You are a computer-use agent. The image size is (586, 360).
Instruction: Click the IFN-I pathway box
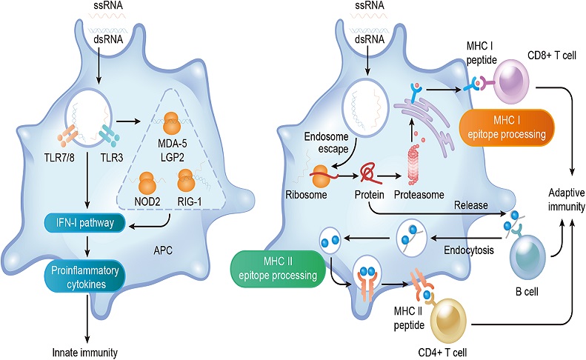(85, 223)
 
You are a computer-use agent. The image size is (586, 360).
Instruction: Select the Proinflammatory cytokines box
(85, 277)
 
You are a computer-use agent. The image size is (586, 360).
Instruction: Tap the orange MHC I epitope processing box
(507, 127)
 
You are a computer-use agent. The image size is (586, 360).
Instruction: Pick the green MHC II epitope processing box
(278, 269)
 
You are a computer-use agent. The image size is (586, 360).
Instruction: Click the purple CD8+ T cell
(512, 81)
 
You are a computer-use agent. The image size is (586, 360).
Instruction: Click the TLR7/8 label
(59, 158)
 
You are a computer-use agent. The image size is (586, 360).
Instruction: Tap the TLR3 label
(112, 158)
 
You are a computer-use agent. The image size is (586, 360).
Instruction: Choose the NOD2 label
(147, 202)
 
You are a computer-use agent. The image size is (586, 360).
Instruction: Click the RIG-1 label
(190, 202)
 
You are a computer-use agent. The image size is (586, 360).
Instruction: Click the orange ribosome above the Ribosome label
(321, 176)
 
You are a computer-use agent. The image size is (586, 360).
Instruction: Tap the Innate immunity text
(85, 352)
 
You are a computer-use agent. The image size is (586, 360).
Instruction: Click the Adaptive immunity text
(567, 199)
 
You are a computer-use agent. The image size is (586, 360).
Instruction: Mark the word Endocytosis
(469, 250)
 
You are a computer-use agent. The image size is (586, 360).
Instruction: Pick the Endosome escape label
(326, 142)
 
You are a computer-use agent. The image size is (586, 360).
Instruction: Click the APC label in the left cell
(163, 250)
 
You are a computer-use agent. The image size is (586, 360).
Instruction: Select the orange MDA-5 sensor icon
(172, 123)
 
